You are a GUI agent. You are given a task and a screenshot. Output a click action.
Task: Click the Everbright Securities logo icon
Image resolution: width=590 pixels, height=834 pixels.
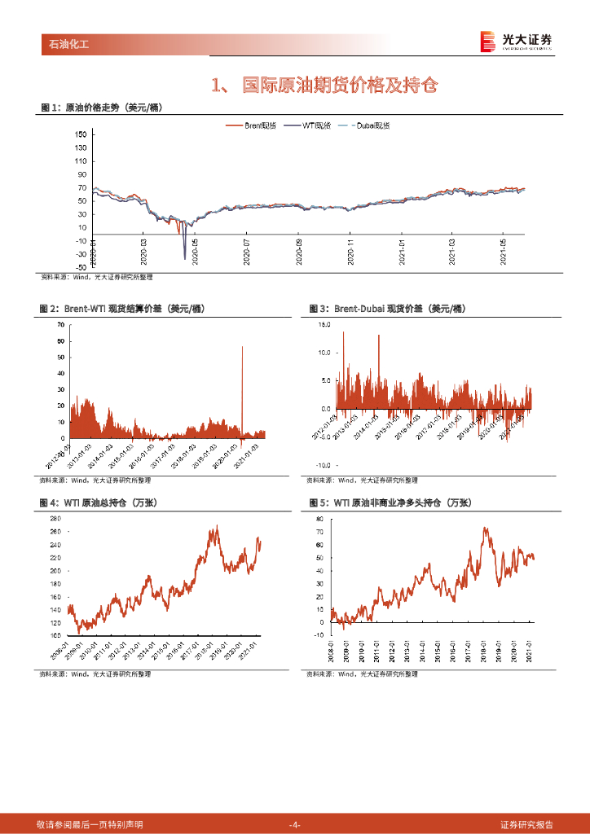coord(487,41)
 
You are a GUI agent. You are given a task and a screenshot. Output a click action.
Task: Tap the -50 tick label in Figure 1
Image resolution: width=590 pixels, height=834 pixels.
coord(79,266)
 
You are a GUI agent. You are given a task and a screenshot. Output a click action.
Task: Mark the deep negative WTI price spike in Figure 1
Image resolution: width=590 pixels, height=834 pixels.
coord(184,257)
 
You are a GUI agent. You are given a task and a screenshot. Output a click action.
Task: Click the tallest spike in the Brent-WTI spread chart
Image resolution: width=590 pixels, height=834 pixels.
coord(242,348)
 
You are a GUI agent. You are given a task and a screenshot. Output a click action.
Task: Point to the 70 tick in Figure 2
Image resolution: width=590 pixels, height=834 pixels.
coord(60,325)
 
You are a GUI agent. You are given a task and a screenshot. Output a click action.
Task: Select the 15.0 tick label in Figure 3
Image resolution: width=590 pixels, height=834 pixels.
coord(324,324)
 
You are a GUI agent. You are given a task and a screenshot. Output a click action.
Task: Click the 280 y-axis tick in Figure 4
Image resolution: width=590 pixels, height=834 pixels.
coord(56,519)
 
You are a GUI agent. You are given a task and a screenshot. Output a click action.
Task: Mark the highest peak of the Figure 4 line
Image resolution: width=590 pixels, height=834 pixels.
coord(216,527)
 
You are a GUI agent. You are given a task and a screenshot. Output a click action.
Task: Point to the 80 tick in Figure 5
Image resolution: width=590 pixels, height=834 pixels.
coord(319,518)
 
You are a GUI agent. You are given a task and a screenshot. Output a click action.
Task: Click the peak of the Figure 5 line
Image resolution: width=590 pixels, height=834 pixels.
coord(486,529)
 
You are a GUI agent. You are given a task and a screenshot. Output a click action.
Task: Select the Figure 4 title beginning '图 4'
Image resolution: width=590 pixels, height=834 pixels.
coord(97,503)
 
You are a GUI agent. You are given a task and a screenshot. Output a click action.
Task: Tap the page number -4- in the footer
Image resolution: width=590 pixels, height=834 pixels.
coord(295,824)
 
